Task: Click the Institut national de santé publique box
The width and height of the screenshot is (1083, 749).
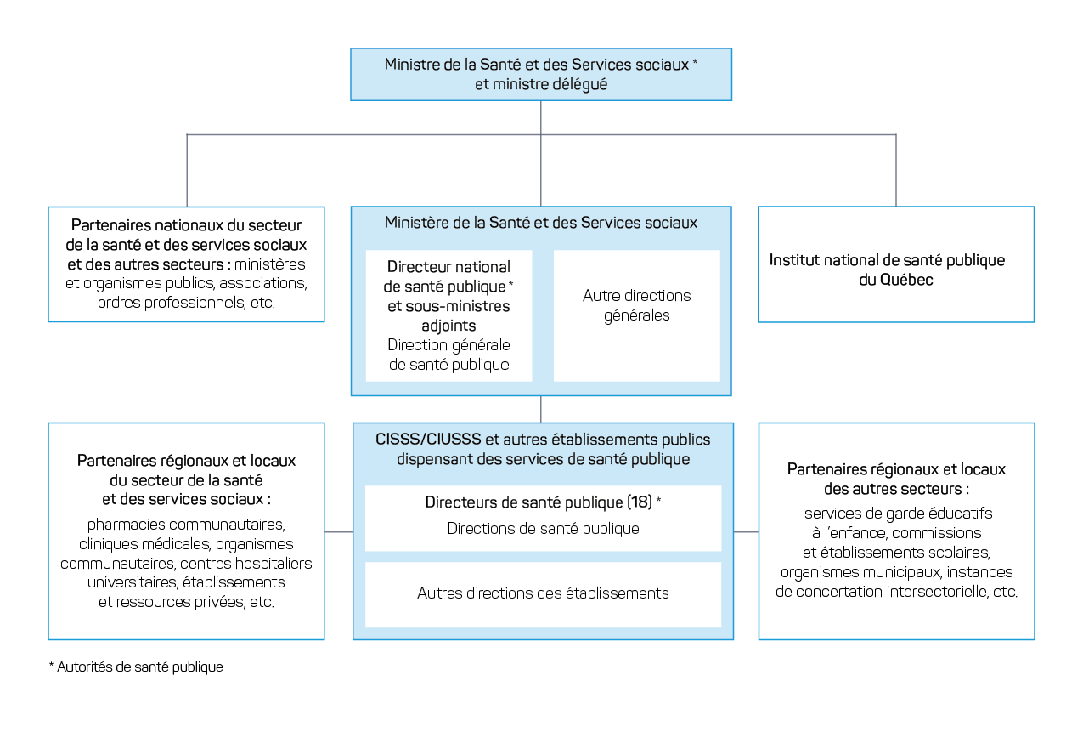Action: point(896,264)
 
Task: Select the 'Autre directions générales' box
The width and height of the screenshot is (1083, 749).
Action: point(637,315)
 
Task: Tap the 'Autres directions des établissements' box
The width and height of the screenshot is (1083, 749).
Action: point(543,594)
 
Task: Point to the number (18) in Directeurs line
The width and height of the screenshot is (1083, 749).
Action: point(640,502)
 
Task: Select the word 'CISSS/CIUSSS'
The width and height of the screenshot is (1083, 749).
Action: point(428,440)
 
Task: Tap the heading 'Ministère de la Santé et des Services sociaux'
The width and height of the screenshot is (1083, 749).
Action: point(540,223)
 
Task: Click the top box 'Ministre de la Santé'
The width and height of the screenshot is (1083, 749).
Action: point(541,75)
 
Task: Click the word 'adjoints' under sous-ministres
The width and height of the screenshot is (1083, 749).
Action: point(448,326)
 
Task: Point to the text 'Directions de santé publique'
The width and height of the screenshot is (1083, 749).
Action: point(543,528)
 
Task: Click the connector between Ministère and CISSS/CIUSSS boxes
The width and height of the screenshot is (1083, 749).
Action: point(540,409)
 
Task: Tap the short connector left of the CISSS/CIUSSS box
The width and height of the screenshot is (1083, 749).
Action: point(338,531)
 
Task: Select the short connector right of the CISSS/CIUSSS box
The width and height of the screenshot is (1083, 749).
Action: point(746,531)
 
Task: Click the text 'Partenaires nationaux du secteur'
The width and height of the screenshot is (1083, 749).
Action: point(186,225)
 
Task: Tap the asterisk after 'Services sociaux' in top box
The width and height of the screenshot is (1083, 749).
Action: point(696,61)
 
